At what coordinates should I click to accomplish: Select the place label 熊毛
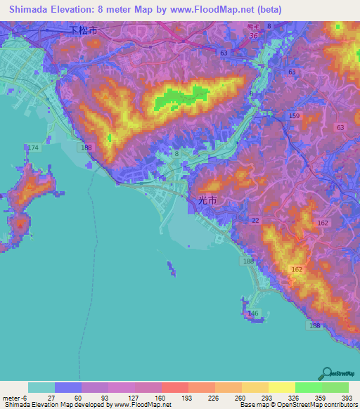pyautogui.click(x=254, y=26)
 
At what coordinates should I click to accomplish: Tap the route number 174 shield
pyautogui.click(x=34, y=147)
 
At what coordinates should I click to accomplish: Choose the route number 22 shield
pyautogui.click(x=256, y=221)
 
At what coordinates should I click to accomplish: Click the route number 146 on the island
pyautogui.click(x=254, y=313)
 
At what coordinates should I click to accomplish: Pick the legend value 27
pyautogui.click(x=55, y=398)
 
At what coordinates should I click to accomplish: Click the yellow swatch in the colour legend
pyautogui.click(x=281, y=387)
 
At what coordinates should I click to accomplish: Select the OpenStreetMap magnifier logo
pyautogui.click(x=326, y=372)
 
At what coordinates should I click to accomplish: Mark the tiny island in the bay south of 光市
pyautogui.click(x=171, y=268)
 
